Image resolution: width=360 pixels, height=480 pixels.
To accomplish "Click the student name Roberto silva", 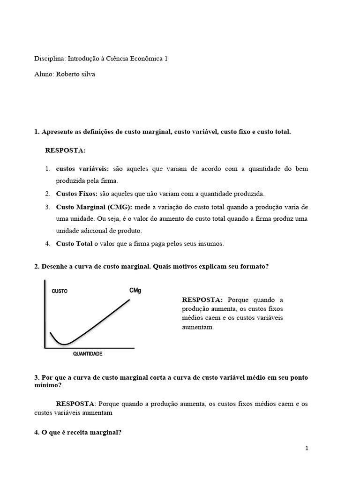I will pos(75,74).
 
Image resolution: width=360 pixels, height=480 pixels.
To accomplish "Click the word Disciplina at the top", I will pos(50,59).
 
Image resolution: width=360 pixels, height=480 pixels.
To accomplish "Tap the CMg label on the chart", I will pos(135,291).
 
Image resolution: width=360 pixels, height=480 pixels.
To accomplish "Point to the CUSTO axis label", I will pos(60,291).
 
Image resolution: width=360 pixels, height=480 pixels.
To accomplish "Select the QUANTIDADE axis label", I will pos(88,354).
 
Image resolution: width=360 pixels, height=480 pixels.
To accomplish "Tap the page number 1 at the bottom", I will pos(307,448).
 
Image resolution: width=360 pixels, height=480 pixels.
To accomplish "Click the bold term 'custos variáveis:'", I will pos(82,169).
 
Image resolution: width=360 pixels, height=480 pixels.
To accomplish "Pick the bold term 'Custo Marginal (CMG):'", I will pos(94,207).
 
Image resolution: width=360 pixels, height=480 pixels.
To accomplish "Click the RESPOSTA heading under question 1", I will pos(66,150).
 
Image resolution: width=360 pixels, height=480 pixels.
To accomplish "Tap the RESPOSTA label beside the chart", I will pos(202,300).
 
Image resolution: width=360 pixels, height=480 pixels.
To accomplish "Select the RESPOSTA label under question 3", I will pos(75,403).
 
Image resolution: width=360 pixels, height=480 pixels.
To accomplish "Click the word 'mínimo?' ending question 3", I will pos(47,385).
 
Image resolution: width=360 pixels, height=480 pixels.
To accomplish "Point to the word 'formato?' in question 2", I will pos(255,266).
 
